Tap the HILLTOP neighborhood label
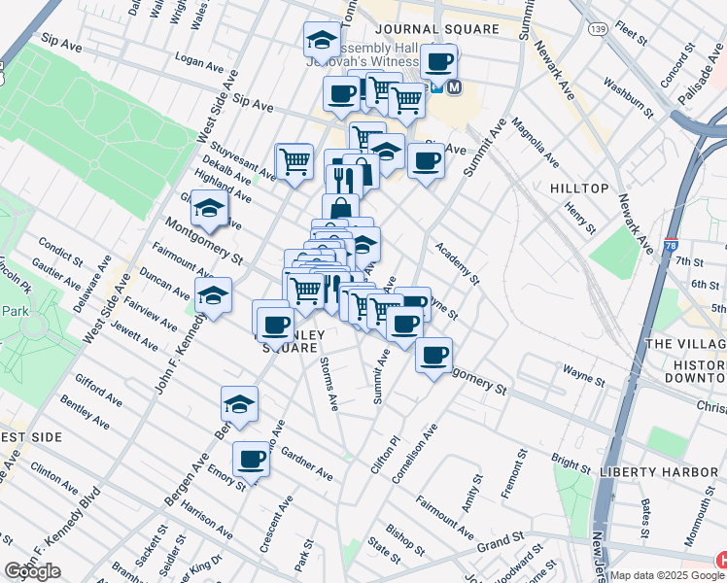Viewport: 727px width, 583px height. click(x=579, y=188)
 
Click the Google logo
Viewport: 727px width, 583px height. click(x=32, y=571)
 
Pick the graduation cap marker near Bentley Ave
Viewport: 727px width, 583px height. click(x=239, y=402)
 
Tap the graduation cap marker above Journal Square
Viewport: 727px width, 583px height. click(x=321, y=40)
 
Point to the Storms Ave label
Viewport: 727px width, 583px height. click(x=330, y=384)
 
